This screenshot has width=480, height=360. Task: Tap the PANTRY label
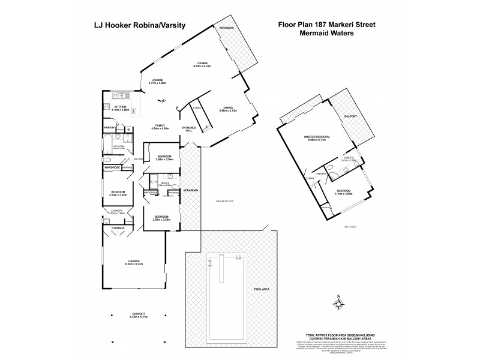click(109, 128)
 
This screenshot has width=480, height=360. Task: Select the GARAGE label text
click(133, 261)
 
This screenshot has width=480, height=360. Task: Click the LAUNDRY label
click(118, 210)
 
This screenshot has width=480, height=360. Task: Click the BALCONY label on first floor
click(350, 116)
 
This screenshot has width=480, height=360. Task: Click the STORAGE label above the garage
click(118, 228)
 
